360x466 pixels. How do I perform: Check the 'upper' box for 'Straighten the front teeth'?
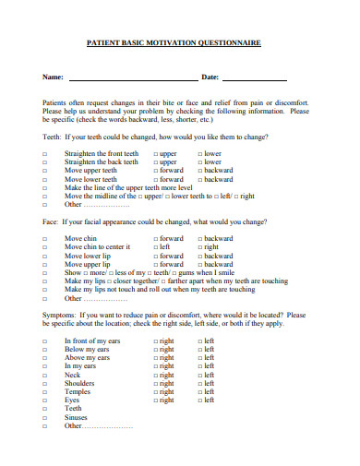pos(155,153)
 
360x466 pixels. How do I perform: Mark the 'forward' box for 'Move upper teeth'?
pos(155,171)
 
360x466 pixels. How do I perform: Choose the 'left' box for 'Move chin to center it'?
pos(155,247)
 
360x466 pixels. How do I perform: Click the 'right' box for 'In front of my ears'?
pos(155,341)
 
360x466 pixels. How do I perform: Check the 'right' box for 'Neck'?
pos(155,376)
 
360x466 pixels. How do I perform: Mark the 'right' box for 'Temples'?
pos(155,392)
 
